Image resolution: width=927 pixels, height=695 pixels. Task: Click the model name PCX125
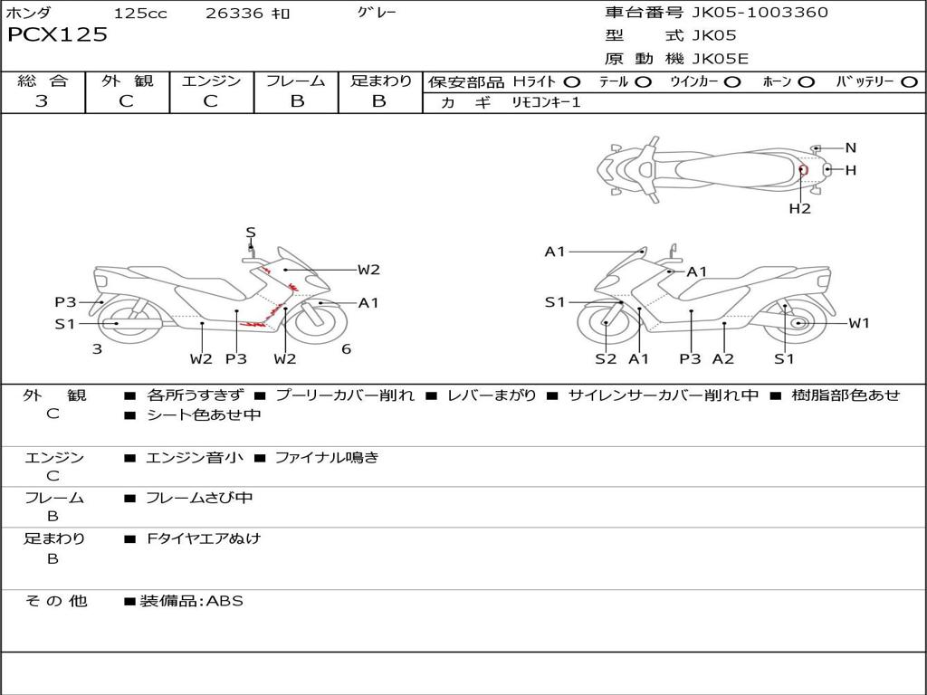(57, 34)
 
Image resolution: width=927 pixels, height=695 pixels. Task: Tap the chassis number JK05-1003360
(760, 13)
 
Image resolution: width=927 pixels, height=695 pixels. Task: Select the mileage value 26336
(234, 13)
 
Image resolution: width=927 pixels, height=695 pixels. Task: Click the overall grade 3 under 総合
(42, 100)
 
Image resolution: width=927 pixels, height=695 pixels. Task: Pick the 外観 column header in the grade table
(127, 81)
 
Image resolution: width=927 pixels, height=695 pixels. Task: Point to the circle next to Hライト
(572, 81)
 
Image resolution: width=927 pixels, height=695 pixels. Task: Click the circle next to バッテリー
(909, 81)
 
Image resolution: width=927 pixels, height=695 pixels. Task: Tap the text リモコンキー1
(546, 102)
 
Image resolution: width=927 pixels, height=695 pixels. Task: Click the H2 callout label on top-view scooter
(800, 208)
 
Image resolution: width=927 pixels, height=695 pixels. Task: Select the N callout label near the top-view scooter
(851, 148)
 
